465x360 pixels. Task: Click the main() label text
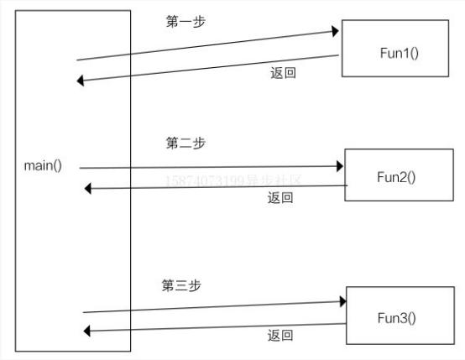tap(43, 165)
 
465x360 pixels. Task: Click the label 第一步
tap(185, 22)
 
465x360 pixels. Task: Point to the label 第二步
tap(185, 143)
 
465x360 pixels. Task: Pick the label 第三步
tap(181, 285)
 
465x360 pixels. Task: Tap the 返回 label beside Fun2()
tap(280, 198)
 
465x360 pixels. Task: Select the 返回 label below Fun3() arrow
tap(280, 336)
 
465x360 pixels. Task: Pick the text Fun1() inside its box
tap(399, 52)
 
